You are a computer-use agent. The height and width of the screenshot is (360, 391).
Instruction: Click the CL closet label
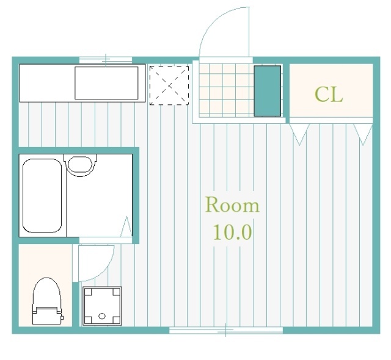(x=329, y=95)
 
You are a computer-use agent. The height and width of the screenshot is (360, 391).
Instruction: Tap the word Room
(x=232, y=205)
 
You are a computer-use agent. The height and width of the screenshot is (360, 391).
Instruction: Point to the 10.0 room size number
(x=232, y=232)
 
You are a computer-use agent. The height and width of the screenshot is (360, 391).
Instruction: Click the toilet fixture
(x=48, y=301)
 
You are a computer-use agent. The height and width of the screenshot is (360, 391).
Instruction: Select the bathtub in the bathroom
(x=42, y=196)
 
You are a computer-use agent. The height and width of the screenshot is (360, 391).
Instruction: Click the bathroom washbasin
(x=80, y=165)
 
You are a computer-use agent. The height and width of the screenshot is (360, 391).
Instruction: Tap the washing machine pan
(x=102, y=306)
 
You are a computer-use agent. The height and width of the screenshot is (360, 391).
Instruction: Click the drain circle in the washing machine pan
(x=102, y=316)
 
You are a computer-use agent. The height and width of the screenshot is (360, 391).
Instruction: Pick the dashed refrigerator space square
(x=169, y=85)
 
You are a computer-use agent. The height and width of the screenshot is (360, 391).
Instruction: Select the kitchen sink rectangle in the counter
(x=106, y=83)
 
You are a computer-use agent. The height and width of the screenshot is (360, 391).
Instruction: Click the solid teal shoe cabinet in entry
(x=268, y=91)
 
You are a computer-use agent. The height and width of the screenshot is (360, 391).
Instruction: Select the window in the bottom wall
(x=226, y=330)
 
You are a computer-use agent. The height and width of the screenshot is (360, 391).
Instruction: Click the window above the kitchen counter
(x=106, y=60)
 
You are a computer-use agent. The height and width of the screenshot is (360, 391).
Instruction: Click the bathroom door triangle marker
(x=126, y=226)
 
